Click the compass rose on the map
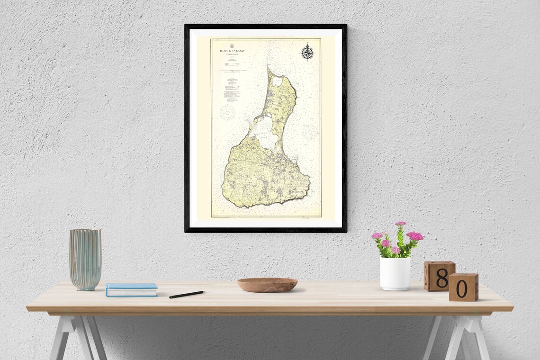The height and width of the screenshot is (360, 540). (x=307, y=52)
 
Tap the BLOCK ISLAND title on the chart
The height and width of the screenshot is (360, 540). (x=232, y=51)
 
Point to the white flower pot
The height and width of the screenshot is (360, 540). (x=395, y=273)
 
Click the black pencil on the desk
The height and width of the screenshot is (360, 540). (x=187, y=294)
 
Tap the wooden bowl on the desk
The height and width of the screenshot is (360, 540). (x=267, y=285)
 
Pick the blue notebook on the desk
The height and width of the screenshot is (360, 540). (x=132, y=289)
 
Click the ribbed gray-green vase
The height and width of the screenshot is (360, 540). (x=85, y=259)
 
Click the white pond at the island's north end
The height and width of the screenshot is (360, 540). (x=277, y=81)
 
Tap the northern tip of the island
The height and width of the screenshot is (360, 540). (x=269, y=69)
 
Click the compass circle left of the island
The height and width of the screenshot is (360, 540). (x=227, y=113)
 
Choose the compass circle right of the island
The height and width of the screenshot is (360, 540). (x=310, y=131)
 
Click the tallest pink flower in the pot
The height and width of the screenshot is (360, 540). (x=401, y=224)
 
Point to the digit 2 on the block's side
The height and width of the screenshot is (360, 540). (x=425, y=276)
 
